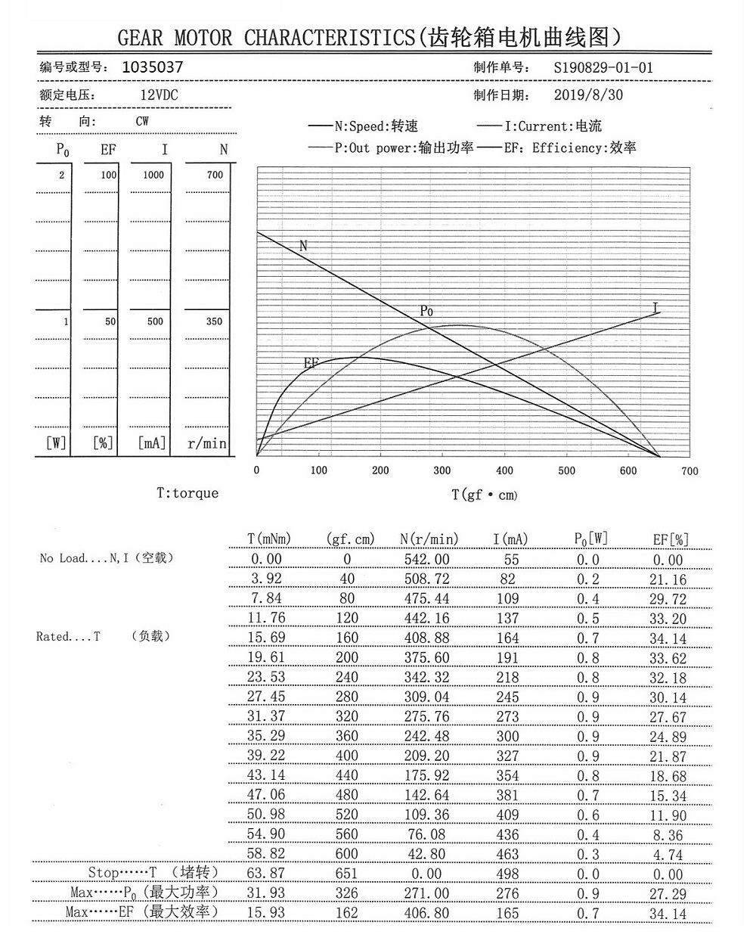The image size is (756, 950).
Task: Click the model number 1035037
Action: pos(152,67)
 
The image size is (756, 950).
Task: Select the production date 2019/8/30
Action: pos(588,95)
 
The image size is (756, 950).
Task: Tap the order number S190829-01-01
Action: pos(603,67)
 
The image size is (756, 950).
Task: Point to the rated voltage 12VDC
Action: pos(159,95)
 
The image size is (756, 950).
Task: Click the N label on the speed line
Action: pos(303,246)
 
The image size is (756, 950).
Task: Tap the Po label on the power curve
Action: pos(426,311)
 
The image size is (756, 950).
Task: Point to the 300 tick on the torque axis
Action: pos(442,470)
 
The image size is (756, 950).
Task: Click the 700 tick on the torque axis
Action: pos(689,470)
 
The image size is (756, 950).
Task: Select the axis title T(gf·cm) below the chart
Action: pos(484,495)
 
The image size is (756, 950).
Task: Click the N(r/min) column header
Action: pos(429,539)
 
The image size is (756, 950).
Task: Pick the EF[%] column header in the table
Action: pos(671,539)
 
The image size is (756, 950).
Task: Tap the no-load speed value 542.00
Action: pos(426,560)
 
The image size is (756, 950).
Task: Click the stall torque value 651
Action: pos(346,874)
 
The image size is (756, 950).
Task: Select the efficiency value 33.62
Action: pos(668,658)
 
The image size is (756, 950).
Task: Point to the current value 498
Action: pos(507,874)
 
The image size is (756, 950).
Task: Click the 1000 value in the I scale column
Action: pos(153,175)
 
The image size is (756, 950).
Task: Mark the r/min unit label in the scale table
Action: pos(207,444)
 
